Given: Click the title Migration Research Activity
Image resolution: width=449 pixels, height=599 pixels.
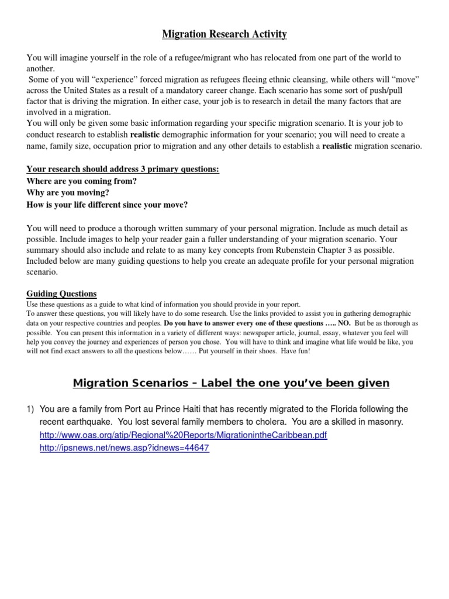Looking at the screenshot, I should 224,35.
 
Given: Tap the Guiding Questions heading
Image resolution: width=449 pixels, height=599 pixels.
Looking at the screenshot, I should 62,294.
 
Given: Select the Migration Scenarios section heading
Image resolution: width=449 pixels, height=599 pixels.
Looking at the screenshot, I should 231,383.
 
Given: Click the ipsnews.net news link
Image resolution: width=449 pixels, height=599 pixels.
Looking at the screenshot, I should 125,448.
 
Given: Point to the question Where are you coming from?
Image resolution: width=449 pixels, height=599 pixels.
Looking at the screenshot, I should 82,181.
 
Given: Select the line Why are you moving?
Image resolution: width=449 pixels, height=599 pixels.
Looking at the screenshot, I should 68,192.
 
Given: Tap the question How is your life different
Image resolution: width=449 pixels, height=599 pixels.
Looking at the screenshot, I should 108,204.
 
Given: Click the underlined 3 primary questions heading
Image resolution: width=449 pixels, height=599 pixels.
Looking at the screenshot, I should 123,169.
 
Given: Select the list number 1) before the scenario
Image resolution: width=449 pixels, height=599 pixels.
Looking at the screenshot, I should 31,409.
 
